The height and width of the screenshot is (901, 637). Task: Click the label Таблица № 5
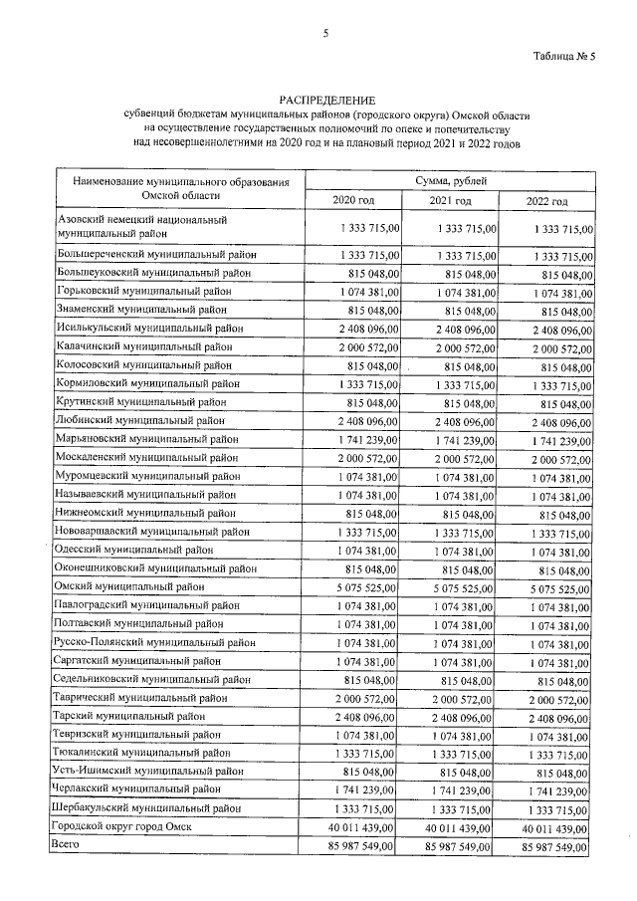tap(565, 57)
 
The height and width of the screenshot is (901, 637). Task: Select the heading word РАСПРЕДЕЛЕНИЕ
tap(327, 101)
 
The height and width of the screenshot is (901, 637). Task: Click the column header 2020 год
tap(353, 201)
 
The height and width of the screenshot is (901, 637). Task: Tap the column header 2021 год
tap(450, 201)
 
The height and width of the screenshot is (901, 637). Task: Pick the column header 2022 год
tap(546, 202)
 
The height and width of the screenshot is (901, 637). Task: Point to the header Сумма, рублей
tap(450, 179)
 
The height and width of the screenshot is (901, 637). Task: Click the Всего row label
tap(65, 845)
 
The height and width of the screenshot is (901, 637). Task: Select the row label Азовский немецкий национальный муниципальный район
tap(139, 227)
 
